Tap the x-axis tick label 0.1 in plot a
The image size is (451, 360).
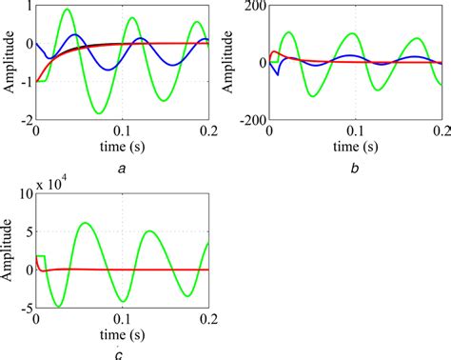coord(122,134)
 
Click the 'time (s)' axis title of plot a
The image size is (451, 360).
coord(122,150)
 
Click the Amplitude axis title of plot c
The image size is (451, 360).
coord(9,251)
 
